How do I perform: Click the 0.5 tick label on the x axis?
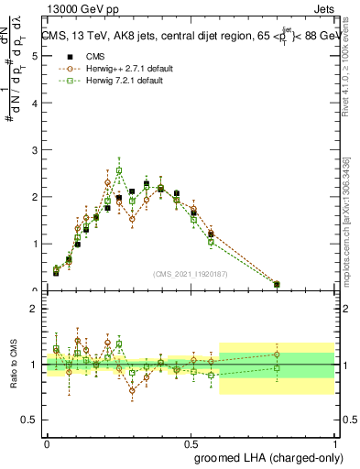[191, 442]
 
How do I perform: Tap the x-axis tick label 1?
[336, 442]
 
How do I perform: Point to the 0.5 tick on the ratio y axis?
[31, 420]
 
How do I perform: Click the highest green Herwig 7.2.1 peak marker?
[119, 170]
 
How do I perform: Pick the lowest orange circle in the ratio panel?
[132, 390]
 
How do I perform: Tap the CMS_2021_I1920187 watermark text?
[191, 274]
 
